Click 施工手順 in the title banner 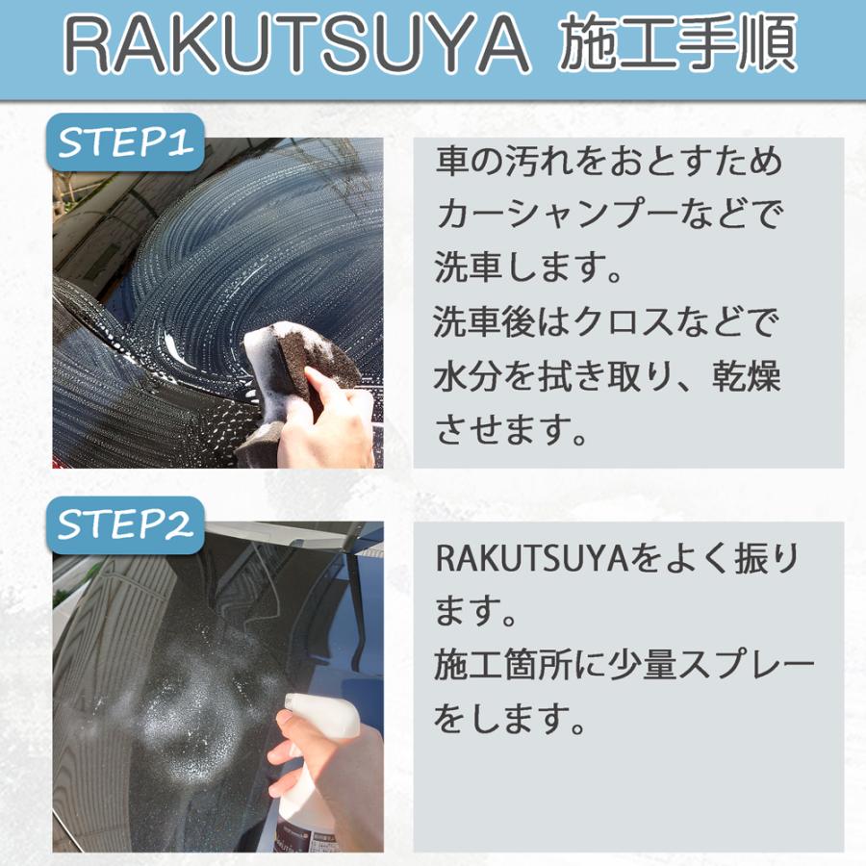point(678,45)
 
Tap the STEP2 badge point(127,525)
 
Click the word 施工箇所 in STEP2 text point(497,665)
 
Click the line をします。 point(510,719)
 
